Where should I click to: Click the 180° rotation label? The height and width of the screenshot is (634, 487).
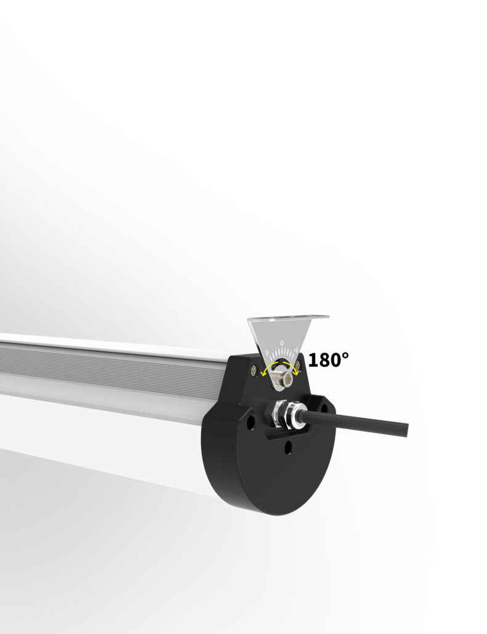[328, 359]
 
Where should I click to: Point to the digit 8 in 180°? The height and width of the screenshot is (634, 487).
[324, 360]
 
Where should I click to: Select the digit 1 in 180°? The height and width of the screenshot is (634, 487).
[313, 360]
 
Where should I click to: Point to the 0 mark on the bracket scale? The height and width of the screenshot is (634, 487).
[282, 342]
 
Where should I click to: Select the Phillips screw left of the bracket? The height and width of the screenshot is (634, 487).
[254, 370]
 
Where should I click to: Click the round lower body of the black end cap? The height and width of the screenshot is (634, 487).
[271, 480]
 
